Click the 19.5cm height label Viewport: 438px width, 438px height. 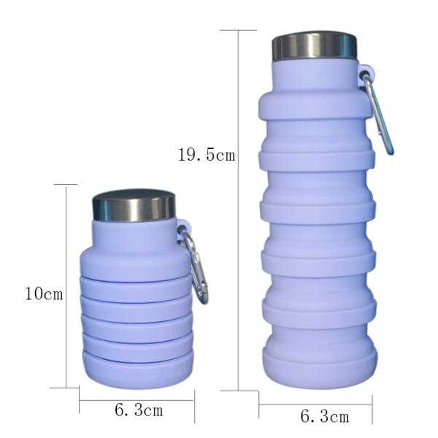pos(207,154)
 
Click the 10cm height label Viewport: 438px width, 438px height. pos(44,294)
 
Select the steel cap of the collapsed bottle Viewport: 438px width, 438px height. pos(134,206)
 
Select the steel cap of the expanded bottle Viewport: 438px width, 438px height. pos(315,46)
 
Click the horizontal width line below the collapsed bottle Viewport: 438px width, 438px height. pos(137,399)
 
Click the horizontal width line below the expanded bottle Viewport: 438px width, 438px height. pos(315,404)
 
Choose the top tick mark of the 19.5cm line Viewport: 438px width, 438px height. pos(239,30)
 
